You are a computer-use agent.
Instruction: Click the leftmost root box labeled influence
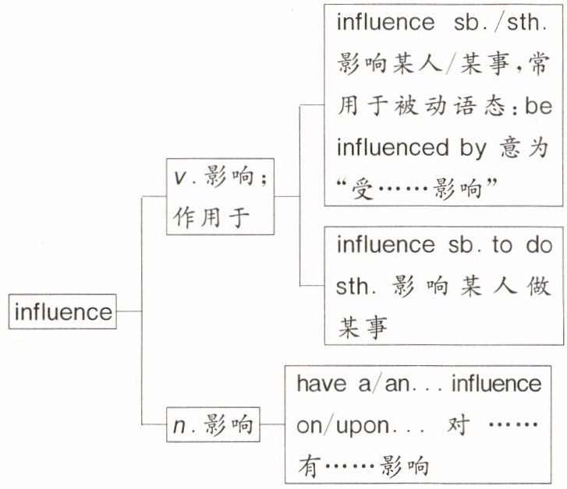(x=64, y=312)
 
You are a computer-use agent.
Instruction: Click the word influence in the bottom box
(x=496, y=384)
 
